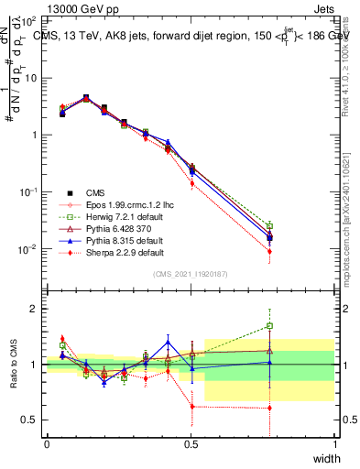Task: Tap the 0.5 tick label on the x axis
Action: [191, 442]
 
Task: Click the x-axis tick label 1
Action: [334, 442]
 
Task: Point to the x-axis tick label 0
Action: [47, 442]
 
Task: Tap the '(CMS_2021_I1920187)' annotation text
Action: [191, 274]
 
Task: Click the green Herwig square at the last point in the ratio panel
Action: [269, 325]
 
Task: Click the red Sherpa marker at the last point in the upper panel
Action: [269, 251]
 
